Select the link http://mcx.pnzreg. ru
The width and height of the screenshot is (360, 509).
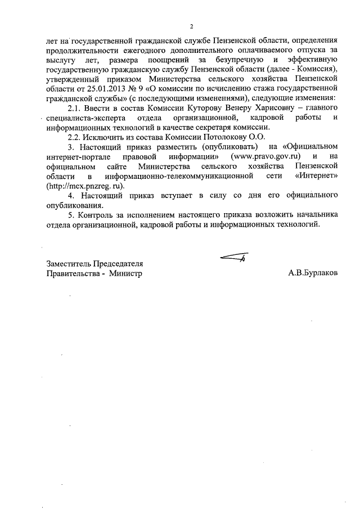coord(84,186)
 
